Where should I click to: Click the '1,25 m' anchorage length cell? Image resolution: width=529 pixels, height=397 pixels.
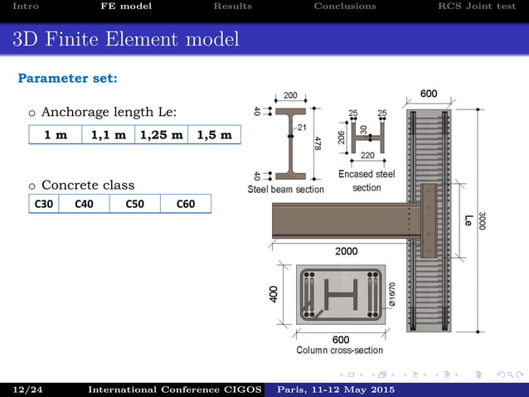(161, 135)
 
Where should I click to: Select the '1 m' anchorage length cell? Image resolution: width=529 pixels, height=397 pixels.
(56, 135)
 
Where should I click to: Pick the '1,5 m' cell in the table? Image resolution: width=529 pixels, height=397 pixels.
(214, 135)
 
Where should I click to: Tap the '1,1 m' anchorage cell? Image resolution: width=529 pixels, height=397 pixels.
(109, 135)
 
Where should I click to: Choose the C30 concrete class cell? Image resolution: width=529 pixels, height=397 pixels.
(44, 203)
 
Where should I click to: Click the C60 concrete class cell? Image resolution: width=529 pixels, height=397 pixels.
(186, 203)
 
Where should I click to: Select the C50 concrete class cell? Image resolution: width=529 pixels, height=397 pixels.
(134, 203)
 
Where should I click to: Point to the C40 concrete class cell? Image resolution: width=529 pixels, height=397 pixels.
(84, 203)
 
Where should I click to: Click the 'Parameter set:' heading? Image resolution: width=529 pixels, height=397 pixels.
(67, 79)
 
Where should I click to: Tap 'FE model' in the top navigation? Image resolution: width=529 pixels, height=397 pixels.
(126, 7)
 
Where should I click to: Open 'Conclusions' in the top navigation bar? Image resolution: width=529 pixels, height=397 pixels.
(344, 7)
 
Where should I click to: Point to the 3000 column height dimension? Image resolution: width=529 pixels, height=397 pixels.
(482, 221)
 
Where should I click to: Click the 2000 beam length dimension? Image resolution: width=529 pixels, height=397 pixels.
(347, 250)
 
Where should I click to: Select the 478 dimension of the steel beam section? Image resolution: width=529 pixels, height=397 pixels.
(318, 143)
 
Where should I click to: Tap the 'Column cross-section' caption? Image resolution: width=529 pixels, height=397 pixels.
(340, 351)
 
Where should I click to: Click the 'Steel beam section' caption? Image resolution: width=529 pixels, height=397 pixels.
(286, 190)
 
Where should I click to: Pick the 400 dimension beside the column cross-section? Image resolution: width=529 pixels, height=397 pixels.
(274, 294)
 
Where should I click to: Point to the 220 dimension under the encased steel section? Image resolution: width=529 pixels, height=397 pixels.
(367, 155)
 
